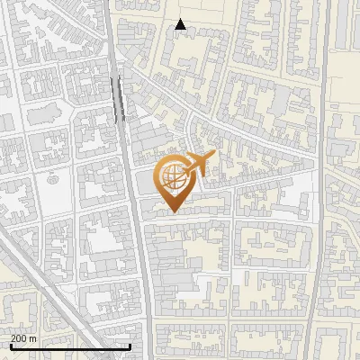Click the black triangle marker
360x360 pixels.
click(181, 25)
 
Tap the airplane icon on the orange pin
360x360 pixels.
click(198, 165)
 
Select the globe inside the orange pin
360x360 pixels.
click(175, 178)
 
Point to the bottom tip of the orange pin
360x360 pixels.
click(172, 212)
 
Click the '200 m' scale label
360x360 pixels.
click(23, 339)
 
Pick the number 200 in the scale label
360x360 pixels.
click(19, 339)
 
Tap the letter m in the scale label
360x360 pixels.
click(32, 339)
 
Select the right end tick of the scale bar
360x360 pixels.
click(131, 346)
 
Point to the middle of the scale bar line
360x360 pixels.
click(69, 347)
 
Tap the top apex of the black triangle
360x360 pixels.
click(181, 20)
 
